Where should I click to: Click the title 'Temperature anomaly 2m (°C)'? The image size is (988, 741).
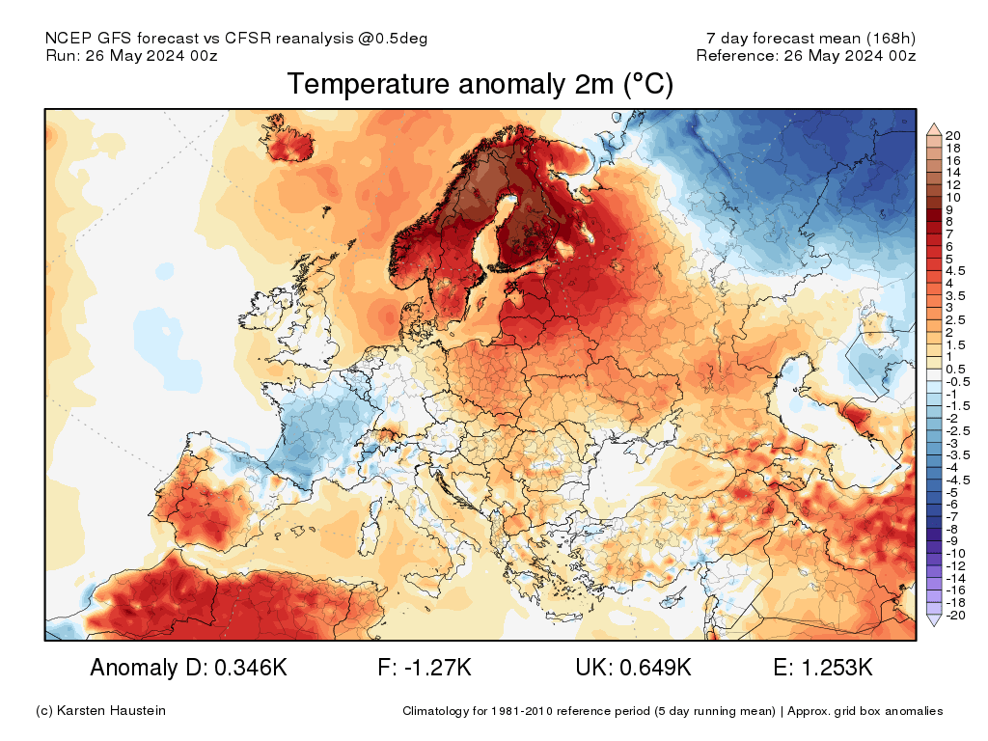click(x=480, y=85)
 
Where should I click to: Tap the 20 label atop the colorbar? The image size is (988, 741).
click(x=954, y=134)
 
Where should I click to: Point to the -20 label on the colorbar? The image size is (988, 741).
click(x=956, y=616)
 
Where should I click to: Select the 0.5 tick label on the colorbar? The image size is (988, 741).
click(x=956, y=369)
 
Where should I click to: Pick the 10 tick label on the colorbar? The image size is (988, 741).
click(x=954, y=196)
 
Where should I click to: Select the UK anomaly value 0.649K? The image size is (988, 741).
click(x=659, y=668)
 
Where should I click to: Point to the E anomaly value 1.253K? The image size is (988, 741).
click(x=836, y=668)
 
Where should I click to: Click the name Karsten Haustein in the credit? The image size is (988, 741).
click(x=113, y=711)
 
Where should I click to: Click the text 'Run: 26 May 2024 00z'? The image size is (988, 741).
click(x=131, y=55)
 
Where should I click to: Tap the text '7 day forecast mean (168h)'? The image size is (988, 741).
click(x=810, y=38)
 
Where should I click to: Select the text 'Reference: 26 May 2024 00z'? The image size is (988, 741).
click(x=806, y=55)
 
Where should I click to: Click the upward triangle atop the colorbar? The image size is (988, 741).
click(x=933, y=127)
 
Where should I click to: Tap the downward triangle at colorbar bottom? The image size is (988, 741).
click(x=933, y=621)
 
